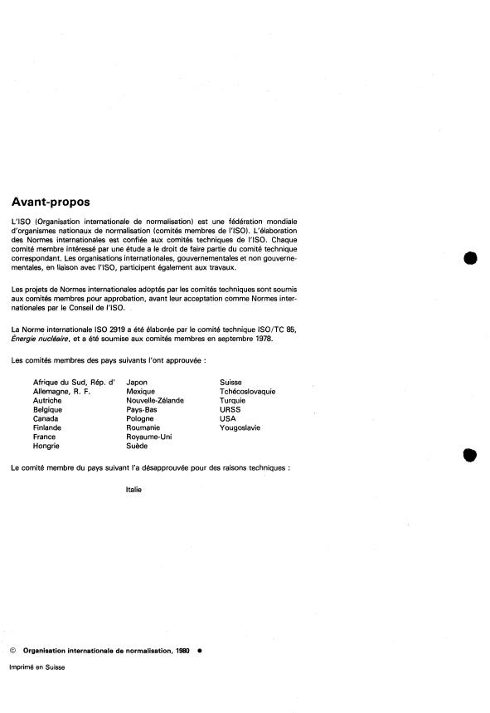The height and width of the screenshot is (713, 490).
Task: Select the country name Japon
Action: tap(138, 381)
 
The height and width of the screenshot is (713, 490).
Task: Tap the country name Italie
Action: tap(133, 489)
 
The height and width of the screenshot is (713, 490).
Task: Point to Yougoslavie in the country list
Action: tap(241, 427)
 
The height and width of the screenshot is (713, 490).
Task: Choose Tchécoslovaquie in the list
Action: tap(248, 390)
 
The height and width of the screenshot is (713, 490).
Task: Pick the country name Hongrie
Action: tap(46, 446)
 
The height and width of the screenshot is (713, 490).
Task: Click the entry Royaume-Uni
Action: tap(149, 437)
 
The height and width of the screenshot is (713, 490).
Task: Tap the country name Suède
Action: tap(138, 446)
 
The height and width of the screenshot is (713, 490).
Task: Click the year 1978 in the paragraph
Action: tap(258, 339)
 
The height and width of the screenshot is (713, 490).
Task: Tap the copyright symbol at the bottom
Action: tap(12, 652)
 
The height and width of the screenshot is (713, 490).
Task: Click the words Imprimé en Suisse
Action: tap(37, 667)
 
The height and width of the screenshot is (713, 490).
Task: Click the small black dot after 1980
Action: tap(200, 652)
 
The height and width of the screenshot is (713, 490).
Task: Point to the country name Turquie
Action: tap(233, 400)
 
